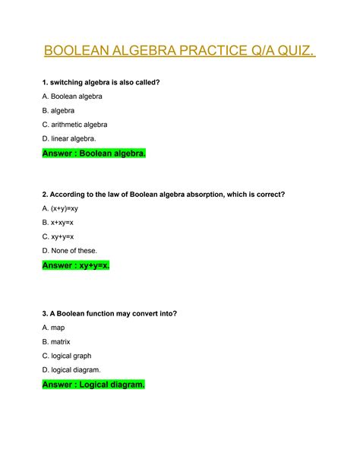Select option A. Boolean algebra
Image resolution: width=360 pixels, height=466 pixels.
pos(72,97)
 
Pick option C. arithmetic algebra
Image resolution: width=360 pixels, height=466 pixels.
pos(74,124)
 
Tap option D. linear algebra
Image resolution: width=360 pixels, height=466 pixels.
pos(69,138)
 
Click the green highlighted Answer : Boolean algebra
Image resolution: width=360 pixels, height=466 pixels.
pos(93,154)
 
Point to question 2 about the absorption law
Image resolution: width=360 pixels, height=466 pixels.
pos(163,194)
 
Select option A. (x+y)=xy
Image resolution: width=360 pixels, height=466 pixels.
pos(65,208)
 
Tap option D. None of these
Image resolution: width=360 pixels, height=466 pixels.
pos(70,250)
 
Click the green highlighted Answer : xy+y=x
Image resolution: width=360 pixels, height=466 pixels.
pos(76,265)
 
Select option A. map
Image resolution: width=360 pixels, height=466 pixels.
pos(55,328)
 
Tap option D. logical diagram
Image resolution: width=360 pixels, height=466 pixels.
pos(71,369)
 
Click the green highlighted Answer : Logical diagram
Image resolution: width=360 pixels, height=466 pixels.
pos(93,385)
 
